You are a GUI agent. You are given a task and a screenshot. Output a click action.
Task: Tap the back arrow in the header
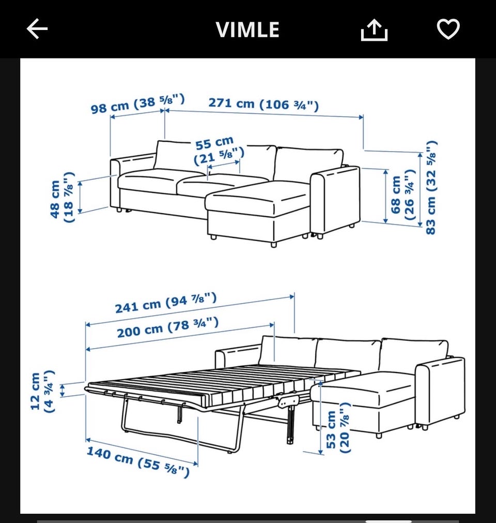37,28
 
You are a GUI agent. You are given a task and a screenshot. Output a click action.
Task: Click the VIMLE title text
247,29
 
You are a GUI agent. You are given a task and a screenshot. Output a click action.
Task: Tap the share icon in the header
374,30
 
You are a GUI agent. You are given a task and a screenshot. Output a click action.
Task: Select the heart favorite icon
448,29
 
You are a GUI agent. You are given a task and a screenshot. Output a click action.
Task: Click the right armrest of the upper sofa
335,201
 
